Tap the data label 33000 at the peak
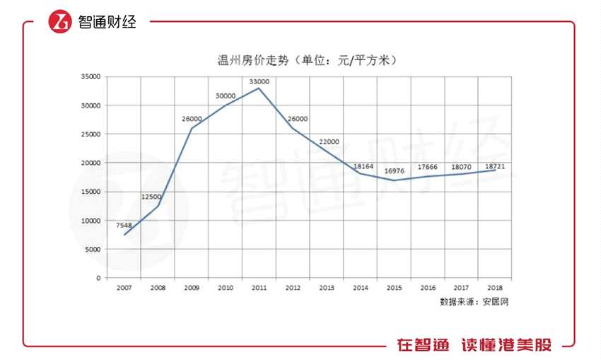point(259,81)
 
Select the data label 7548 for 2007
point(124,225)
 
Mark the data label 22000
point(329,141)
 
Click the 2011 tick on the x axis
point(259,288)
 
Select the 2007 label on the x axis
point(124,288)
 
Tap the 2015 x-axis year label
point(394,288)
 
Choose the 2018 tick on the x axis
point(495,288)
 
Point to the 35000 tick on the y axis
point(91,76)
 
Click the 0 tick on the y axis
point(98,278)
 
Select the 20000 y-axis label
point(91,163)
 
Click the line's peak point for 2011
point(259,88)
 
